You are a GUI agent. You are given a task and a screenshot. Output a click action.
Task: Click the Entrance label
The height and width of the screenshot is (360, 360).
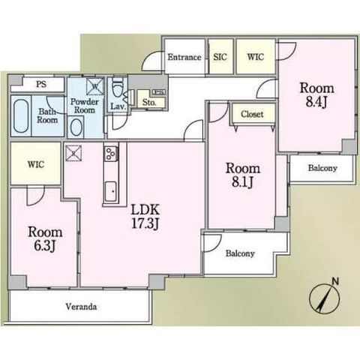[x=184, y=57]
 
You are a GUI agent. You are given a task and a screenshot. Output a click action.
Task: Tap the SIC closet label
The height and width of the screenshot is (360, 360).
[x=220, y=57]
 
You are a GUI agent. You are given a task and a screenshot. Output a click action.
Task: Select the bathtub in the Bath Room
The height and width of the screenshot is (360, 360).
[x=21, y=116]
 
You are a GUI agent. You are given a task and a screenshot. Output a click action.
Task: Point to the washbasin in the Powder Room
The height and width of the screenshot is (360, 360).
[x=76, y=127]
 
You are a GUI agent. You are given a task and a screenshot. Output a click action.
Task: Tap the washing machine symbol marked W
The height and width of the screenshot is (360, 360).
[x=94, y=86]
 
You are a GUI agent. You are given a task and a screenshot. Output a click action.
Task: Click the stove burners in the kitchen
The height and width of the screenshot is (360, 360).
[x=110, y=154]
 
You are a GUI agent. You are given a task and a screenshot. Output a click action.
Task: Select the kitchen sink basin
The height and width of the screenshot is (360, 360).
[x=110, y=191]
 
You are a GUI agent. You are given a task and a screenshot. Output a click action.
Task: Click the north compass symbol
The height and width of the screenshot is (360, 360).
[x=325, y=298]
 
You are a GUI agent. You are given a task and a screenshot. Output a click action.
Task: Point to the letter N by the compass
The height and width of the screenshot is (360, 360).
[x=335, y=281]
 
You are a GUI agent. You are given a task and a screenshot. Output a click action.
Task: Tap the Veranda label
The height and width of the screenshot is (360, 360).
[x=81, y=307]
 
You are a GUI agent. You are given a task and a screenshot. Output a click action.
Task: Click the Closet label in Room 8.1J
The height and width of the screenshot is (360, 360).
[x=252, y=114]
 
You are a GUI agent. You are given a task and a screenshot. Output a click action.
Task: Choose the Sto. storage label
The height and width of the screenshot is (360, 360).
[x=149, y=102]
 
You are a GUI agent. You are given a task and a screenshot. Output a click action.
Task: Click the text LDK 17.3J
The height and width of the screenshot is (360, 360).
[x=145, y=217]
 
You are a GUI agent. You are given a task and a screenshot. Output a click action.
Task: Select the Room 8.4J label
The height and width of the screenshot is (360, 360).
[x=316, y=95]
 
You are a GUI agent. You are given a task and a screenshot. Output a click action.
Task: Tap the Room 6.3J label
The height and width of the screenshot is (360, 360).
[x=45, y=239]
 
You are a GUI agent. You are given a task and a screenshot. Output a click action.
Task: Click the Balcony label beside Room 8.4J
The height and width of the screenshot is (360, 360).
[x=322, y=168]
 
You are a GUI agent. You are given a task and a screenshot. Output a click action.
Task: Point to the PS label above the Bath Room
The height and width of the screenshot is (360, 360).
[x=41, y=84]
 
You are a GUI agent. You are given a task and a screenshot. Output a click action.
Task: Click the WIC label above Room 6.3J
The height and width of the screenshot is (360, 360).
[x=36, y=164]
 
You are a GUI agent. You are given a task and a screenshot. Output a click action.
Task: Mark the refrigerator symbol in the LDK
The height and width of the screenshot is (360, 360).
[x=73, y=153]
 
